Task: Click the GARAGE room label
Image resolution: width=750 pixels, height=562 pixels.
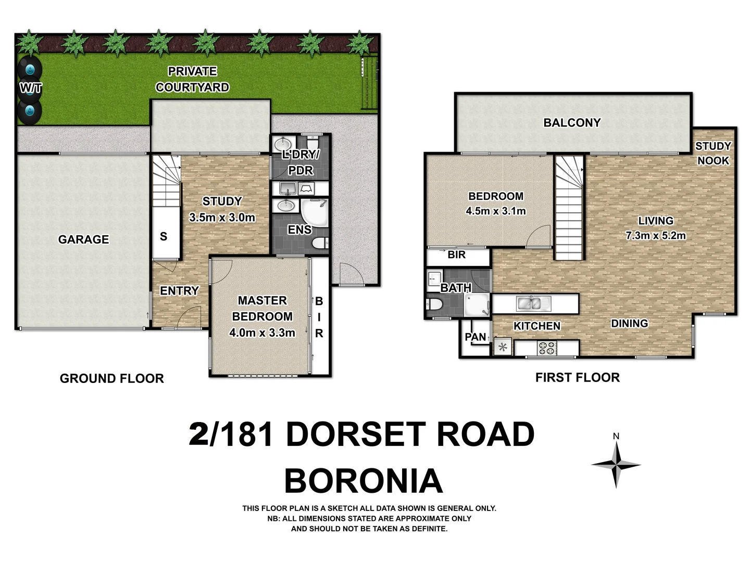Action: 83,239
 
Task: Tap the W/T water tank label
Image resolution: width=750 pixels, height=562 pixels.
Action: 30,88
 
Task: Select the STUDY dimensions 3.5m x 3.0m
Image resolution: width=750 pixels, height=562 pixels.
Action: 222,218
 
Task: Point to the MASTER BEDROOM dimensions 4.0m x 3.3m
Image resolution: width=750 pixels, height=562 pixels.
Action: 262,333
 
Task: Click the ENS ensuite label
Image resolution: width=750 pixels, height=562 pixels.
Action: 299,229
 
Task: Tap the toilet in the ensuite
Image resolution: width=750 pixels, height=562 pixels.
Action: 319,242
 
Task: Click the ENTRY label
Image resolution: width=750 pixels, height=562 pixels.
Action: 179,291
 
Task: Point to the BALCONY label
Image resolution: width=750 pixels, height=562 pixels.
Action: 572,123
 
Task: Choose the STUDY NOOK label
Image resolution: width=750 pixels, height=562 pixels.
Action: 713,153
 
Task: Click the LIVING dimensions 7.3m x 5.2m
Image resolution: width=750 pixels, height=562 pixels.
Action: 655,235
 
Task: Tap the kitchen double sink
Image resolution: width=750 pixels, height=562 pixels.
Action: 530,303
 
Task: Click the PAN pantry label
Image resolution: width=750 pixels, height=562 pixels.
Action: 475,337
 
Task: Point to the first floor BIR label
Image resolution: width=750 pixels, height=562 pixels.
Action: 456,255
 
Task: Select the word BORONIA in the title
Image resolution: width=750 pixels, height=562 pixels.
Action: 363,481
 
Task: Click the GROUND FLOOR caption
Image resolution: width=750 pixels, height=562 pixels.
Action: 111,378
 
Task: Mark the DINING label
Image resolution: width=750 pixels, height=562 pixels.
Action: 629,324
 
